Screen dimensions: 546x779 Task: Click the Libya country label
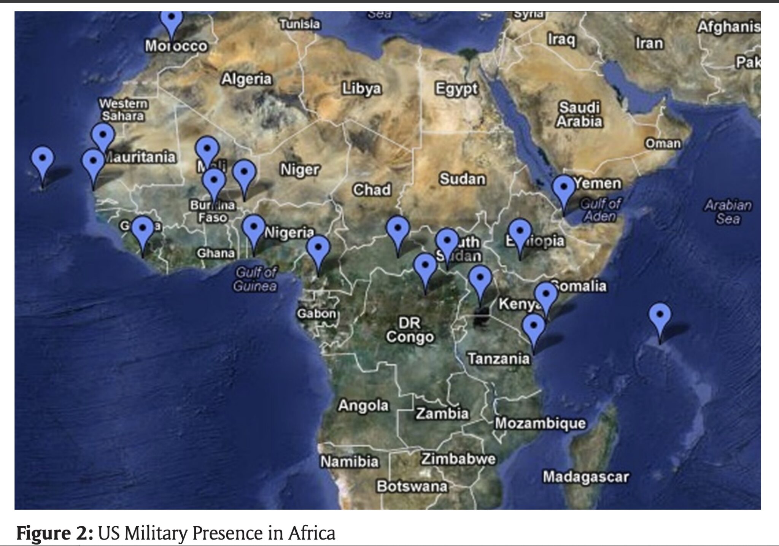pos(361,89)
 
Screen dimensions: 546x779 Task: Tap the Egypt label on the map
pos(456,89)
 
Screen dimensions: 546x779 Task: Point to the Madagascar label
pos(586,477)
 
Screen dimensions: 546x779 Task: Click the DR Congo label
pos(410,330)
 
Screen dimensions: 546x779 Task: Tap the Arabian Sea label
pos(728,212)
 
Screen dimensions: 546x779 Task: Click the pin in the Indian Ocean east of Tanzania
pos(660,317)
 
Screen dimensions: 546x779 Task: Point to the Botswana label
pos(412,487)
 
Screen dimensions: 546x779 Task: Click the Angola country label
pos(363,405)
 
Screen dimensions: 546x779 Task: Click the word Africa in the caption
pos(312,533)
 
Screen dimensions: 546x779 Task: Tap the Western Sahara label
pos(123,110)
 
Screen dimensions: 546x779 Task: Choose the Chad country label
pos(372,190)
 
